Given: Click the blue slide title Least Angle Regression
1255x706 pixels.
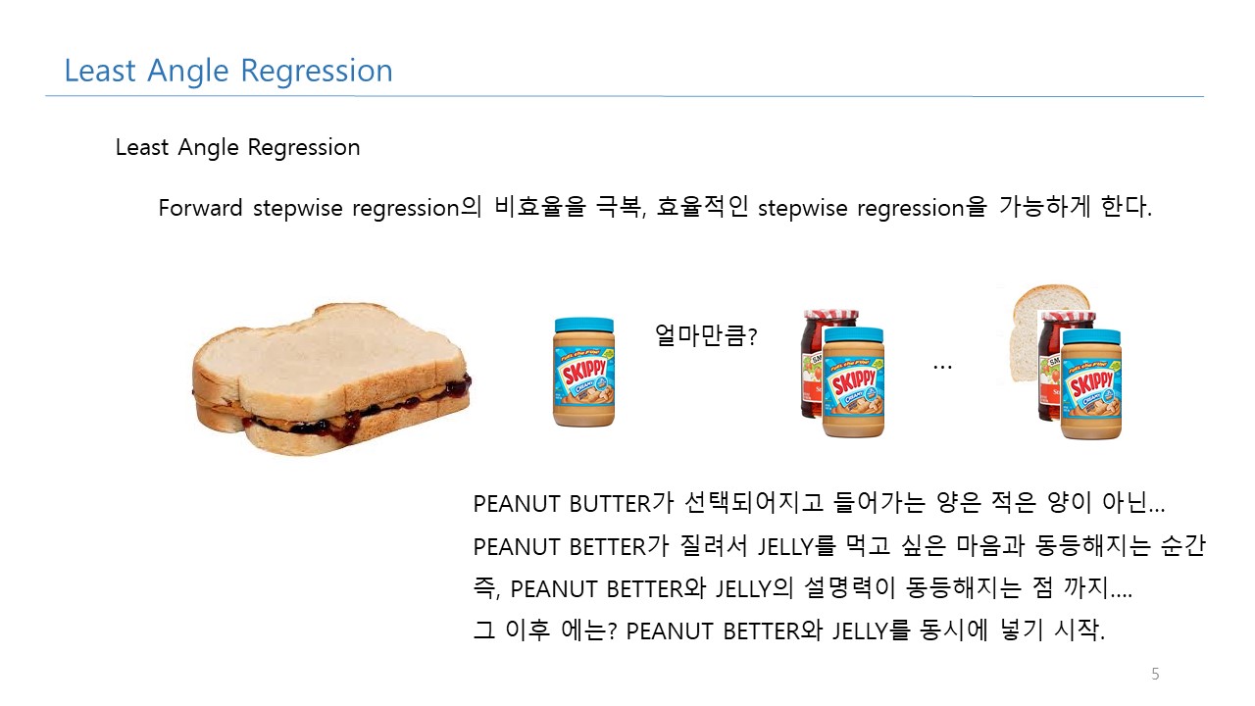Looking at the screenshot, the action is [228, 72].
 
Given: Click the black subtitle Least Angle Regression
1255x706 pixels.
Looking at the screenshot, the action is [237, 148].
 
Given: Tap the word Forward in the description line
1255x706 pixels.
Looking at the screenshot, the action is [200, 209].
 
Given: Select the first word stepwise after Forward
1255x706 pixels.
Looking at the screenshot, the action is [297, 209].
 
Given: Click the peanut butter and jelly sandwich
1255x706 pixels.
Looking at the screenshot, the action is [331, 379].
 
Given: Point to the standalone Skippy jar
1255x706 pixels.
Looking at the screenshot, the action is [583, 372].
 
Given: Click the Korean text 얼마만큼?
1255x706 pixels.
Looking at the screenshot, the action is [706, 335].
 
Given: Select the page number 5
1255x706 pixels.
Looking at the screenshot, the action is [1155, 674].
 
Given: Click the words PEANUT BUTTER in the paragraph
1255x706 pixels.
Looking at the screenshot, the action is [562, 504].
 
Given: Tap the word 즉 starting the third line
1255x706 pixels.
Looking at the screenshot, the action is [484, 588].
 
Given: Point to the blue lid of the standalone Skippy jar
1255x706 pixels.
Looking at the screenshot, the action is [583, 326].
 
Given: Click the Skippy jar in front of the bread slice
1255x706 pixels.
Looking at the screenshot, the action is [1091, 384].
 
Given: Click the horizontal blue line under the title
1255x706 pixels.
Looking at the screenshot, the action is [625, 96].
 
